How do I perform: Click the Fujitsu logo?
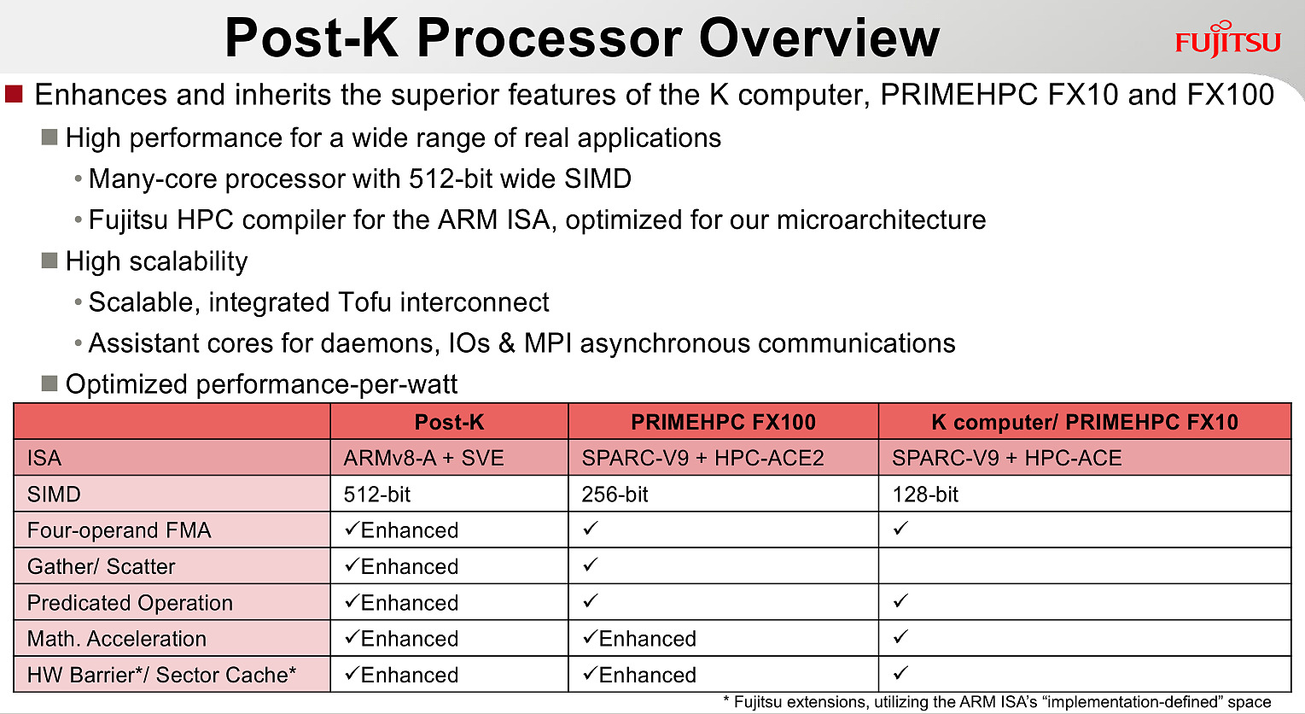click(x=1228, y=40)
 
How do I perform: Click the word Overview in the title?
click(x=819, y=38)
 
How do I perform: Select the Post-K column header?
click(x=449, y=422)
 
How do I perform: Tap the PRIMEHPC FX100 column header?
click(x=723, y=422)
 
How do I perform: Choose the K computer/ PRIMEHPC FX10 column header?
click(x=1085, y=422)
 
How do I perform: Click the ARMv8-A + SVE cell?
click(x=423, y=458)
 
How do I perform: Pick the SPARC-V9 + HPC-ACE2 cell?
click(x=702, y=458)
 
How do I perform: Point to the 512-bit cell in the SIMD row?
click(x=377, y=495)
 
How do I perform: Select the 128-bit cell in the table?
click(x=925, y=495)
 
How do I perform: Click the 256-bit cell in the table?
click(x=615, y=495)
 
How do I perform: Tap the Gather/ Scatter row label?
click(x=101, y=566)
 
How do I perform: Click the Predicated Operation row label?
click(x=130, y=603)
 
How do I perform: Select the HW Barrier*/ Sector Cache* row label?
click(x=161, y=675)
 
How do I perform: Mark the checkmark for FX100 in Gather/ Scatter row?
click(x=590, y=565)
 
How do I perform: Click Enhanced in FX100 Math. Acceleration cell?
click(x=647, y=639)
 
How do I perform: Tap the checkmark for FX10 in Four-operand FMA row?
click(x=900, y=528)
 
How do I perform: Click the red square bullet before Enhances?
click(x=14, y=94)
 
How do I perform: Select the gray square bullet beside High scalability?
click(x=50, y=260)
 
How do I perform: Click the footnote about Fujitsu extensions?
click(x=997, y=702)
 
